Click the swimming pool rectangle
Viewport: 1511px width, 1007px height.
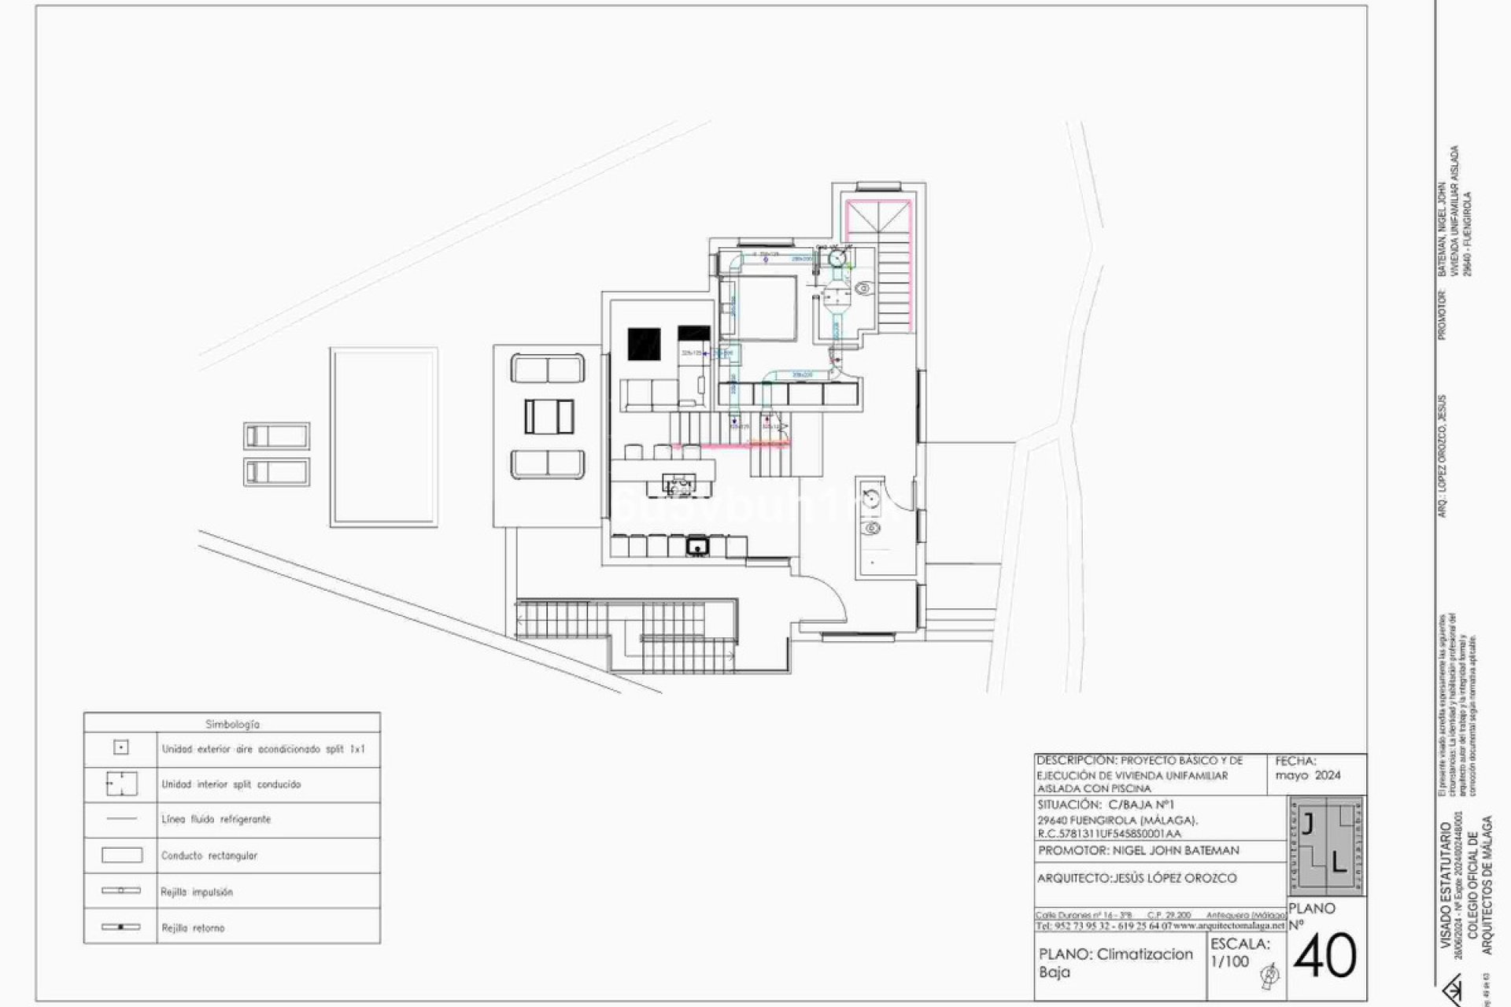click(x=384, y=437)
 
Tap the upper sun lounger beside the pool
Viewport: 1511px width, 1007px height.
click(x=276, y=435)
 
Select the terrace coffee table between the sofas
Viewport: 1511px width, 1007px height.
click(x=549, y=416)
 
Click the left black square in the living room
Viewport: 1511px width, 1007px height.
click(x=644, y=344)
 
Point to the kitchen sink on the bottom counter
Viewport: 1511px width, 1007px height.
click(x=696, y=545)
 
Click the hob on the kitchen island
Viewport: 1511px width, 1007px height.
click(x=678, y=481)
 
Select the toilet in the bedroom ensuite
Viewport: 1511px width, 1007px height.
click(x=863, y=289)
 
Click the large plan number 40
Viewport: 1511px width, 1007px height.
click(x=1325, y=957)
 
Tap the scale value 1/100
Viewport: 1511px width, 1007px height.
click(x=1229, y=961)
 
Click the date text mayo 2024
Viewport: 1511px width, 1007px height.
click(x=1308, y=775)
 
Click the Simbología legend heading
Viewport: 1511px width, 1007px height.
click(x=232, y=724)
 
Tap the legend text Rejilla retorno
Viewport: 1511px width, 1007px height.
click(x=193, y=928)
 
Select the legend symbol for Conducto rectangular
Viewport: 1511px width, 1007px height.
click(x=122, y=855)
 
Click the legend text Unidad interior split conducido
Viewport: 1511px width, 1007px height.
click(x=231, y=784)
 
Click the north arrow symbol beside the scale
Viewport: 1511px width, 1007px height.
click(x=1269, y=976)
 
